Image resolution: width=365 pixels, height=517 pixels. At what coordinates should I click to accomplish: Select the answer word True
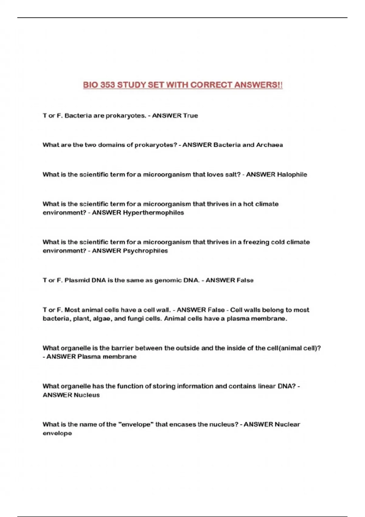pos(190,116)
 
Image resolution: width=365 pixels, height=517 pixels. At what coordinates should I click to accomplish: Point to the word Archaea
pos(269,145)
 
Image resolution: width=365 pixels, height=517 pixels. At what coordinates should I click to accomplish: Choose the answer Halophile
pos(292,175)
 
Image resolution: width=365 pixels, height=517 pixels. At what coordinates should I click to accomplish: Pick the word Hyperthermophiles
pos(153,213)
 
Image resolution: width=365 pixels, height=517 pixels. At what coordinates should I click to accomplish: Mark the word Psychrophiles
pos(145,251)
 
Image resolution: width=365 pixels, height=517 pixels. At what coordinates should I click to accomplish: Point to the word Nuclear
pos(287,425)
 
